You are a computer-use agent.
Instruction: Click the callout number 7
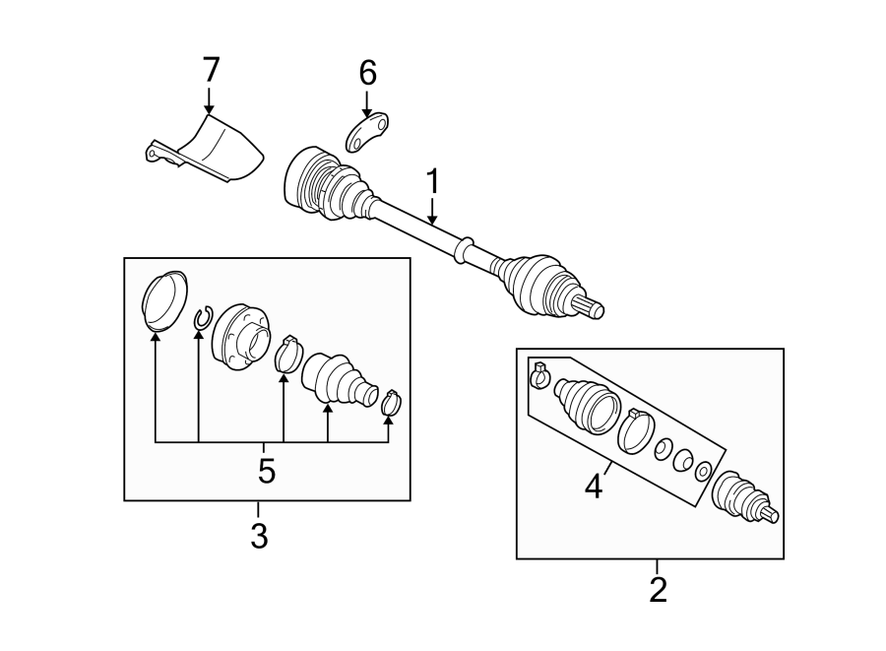(x=211, y=71)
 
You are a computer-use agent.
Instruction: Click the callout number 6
(x=367, y=73)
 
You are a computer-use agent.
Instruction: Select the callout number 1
(x=433, y=181)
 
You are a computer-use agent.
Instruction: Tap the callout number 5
(x=267, y=471)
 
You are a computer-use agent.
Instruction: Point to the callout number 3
(x=259, y=535)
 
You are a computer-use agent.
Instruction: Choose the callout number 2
(x=659, y=589)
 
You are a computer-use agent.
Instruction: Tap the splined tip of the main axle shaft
(x=591, y=307)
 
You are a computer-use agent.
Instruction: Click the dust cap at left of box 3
(x=164, y=299)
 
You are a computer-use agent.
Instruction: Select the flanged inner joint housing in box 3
(x=240, y=338)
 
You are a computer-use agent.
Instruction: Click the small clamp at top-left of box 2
(x=539, y=374)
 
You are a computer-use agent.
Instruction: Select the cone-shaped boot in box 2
(x=588, y=406)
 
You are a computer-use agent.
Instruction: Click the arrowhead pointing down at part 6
(x=367, y=113)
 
